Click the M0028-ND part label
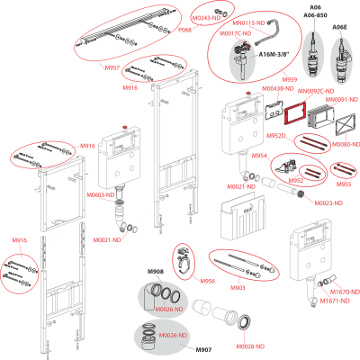pos(249,346)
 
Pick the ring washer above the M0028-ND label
pos(245,323)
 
